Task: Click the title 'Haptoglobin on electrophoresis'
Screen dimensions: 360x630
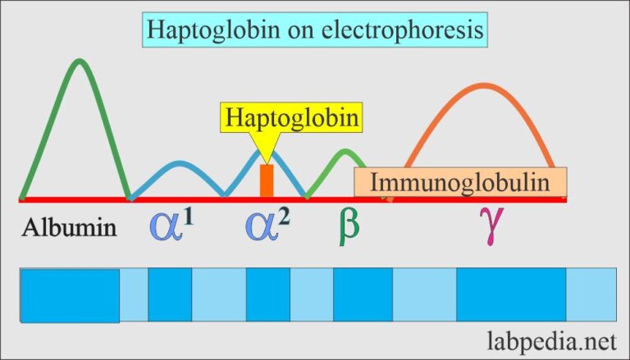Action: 315,30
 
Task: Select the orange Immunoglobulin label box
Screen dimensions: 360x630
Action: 461,181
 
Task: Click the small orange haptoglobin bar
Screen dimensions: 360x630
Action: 266,180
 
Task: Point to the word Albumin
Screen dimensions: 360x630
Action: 70,226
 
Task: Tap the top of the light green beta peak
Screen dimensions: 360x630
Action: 345,151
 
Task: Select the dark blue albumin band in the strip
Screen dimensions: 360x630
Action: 71,294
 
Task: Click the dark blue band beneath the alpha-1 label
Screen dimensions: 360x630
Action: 170,294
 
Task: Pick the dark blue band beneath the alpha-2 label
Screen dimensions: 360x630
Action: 267,294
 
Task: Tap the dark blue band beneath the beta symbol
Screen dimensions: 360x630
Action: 363,294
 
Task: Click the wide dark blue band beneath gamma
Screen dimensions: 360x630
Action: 510,294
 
